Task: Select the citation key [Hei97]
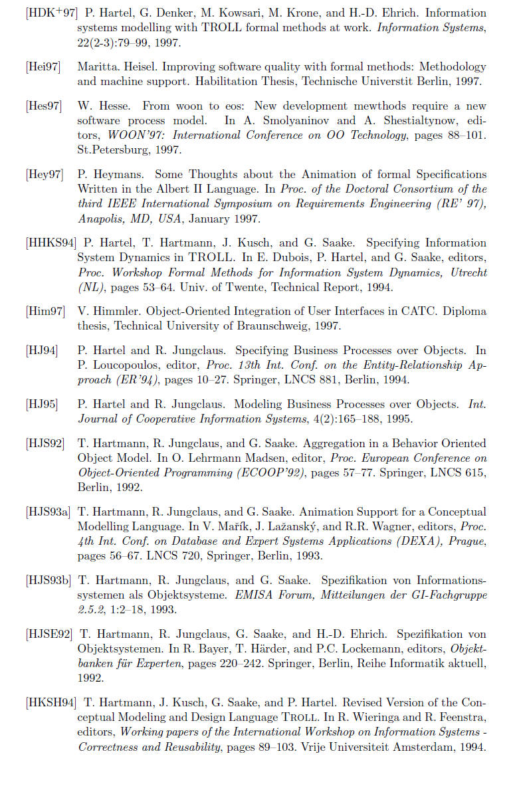click(x=44, y=67)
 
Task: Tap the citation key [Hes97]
click(x=44, y=106)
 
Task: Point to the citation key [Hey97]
click(x=45, y=174)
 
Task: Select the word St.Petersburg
click(x=110, y=150)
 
